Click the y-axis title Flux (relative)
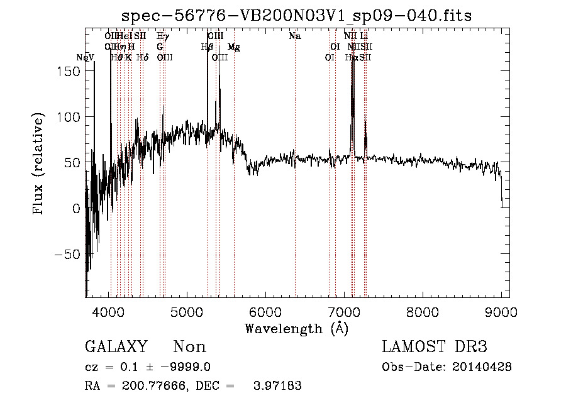39,164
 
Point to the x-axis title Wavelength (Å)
296,328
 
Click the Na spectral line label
294,36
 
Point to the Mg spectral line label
233,47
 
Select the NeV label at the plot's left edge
85,57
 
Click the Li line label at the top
364,36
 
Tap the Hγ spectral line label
162,36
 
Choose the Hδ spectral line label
142,57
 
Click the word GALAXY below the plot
116,347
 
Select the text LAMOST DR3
434,347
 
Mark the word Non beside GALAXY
189,347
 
